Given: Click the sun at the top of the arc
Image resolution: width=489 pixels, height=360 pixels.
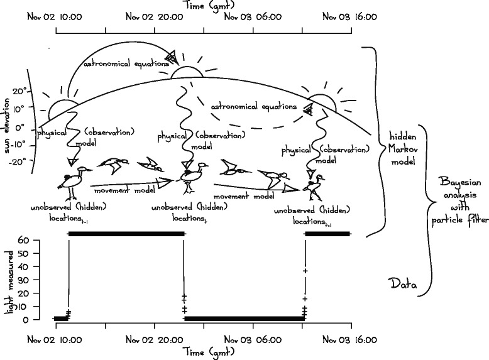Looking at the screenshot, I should pyautogui.click(x=187, y=72).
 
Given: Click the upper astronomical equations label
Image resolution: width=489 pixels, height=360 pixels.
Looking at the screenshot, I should pyautogui.click(x=123, y=63).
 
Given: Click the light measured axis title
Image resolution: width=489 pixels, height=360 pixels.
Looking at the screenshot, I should pyautogui.click(x=8, y=279).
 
